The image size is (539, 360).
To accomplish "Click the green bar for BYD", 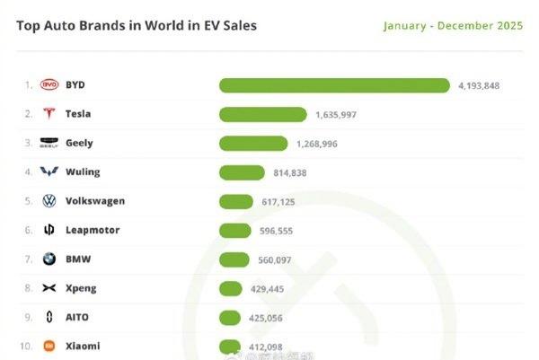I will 334,85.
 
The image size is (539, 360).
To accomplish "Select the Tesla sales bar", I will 262,114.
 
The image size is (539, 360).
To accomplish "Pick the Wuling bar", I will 241,172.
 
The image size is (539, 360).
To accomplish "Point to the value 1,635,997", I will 336,114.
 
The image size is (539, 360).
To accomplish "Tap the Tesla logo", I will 49,114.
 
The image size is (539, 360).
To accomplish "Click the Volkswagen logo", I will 49,201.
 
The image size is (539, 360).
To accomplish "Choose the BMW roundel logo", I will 49,259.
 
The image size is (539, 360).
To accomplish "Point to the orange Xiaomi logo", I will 49,346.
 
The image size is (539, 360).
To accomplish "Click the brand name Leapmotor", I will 93,230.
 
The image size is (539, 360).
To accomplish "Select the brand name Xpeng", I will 81,288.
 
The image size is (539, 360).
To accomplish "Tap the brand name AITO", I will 77,317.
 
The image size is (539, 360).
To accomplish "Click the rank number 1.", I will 28,85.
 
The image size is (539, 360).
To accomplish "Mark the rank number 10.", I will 27,346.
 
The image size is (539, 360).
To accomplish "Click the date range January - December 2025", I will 453,25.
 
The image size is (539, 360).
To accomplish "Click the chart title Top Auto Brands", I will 136,25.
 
